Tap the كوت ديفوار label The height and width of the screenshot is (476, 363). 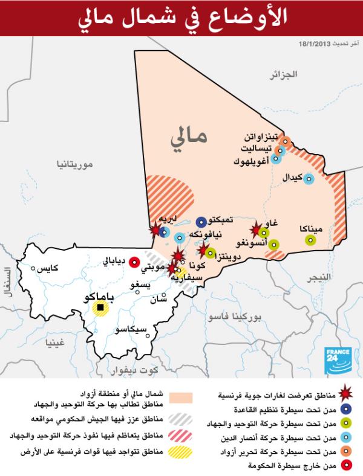pos(149,369)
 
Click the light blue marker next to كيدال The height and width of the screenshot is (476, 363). pos(309,179)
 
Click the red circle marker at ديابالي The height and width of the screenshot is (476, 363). pos(135,262)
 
